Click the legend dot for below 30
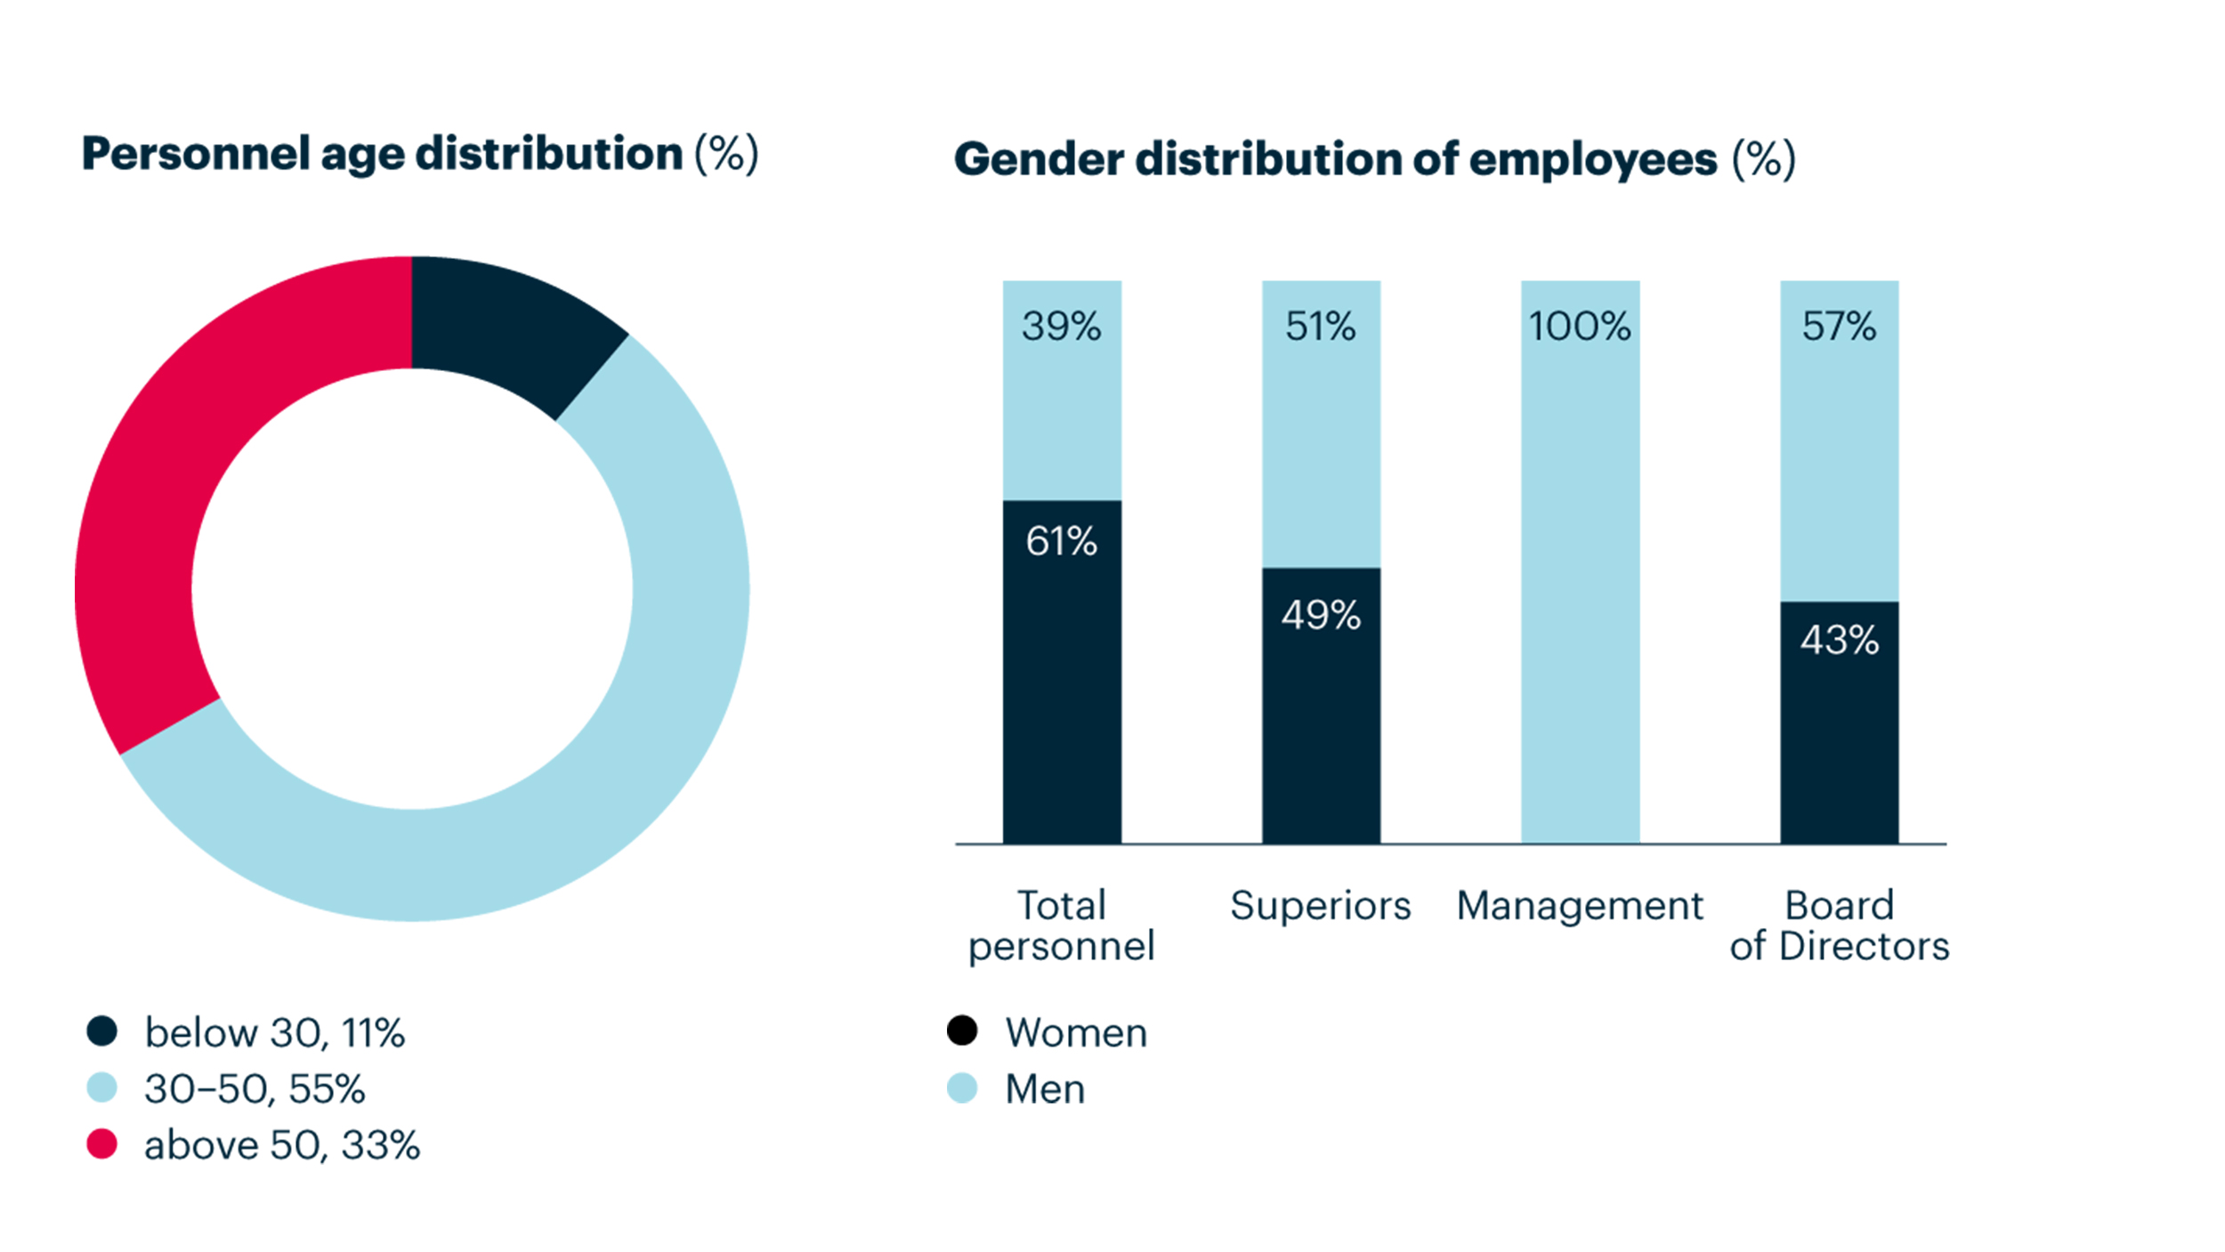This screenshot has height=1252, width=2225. click(x=102, y=1031)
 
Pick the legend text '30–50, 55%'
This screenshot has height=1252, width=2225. click(x=255, y=1088)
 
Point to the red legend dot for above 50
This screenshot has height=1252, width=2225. click(x=102, y=1144)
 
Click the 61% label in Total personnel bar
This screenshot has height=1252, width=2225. click(x=1061, y=541)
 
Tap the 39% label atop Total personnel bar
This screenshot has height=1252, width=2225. click(x=1061, y=326)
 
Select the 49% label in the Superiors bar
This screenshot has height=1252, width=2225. click(x=1321, y=615)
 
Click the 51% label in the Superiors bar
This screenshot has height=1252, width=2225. click(x=1321, y=326)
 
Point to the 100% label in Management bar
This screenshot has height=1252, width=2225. click(x=1580, y=326)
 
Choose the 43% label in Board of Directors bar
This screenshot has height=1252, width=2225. click(x=1840, y=640)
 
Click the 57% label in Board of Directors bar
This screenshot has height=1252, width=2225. click(x=1840, y=326)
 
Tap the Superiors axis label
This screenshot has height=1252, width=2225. click(x=1321, y=906)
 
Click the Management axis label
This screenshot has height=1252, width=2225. click(x=1580, y=906)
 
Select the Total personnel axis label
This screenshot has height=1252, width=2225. click(x=1061, y=925)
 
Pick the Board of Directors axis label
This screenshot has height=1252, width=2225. click(x=1840, y=925)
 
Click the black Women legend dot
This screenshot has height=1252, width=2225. click(x=962, y=1030)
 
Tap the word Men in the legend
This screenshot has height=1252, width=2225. click(x=1045, y=1088)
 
